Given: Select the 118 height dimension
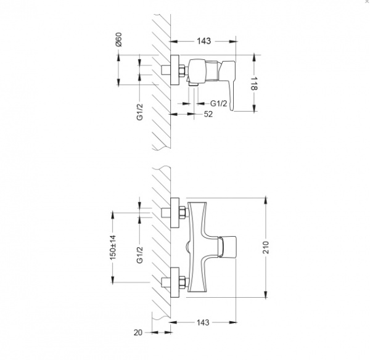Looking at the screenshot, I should [x=253, y=85].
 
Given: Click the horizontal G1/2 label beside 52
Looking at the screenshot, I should [x=220, y=103].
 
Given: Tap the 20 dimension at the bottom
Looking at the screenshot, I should [x=138, y=333].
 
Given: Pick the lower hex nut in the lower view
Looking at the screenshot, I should [x=183, y=284].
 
